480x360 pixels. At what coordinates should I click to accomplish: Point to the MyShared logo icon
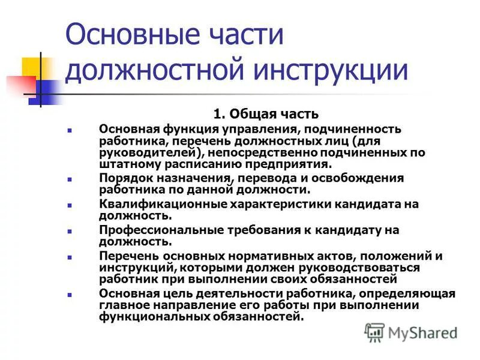tap(375, 332)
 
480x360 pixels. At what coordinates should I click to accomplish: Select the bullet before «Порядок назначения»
tap(70, 179)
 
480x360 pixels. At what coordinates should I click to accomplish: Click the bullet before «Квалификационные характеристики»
tap(70, 205)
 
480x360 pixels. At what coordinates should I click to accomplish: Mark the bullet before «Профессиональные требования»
tap(70, 231)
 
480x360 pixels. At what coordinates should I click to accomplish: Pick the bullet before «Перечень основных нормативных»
tap(70, 257)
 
